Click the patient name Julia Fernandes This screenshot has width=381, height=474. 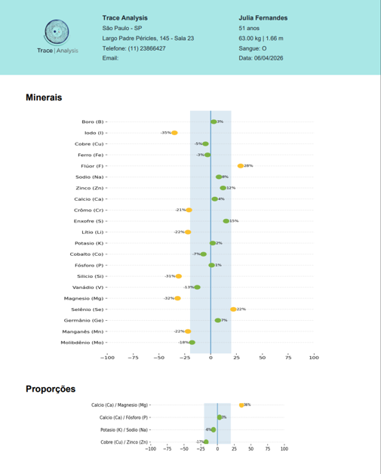263,17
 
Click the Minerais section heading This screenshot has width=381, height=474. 44,97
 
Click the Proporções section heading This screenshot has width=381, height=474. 51,389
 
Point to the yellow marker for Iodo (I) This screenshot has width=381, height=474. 174,133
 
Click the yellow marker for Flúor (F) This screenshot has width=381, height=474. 240,166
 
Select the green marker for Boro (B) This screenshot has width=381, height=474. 214,122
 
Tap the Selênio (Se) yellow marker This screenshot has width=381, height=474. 233,309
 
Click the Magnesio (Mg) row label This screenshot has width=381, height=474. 84,298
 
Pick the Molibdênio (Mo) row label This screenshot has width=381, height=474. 82,343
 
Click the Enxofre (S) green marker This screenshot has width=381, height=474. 226,221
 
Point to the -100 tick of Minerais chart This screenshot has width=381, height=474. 107,358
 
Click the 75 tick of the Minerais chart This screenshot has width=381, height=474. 288,358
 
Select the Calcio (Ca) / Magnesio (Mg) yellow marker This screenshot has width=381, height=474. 241,405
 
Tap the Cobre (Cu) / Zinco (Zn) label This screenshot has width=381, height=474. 124,442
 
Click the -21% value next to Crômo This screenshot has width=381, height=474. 180,210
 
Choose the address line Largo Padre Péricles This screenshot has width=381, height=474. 148,38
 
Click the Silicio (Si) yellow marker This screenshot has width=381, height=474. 178,276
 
